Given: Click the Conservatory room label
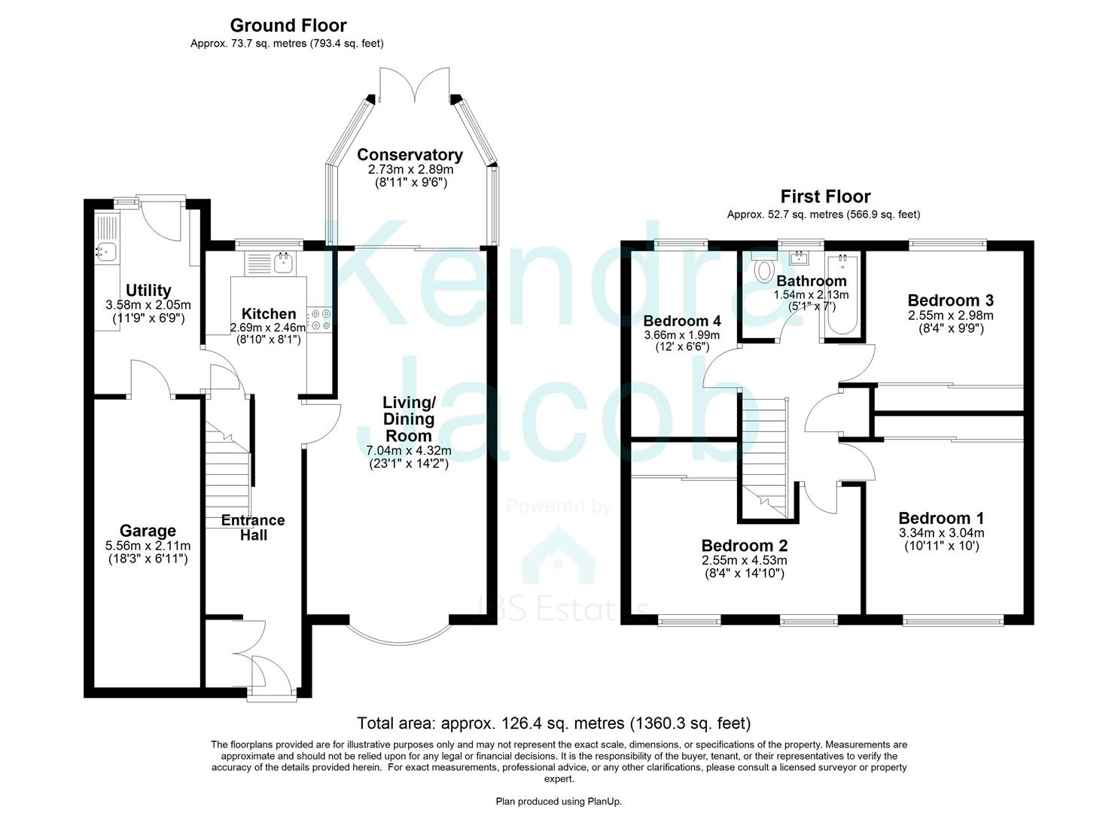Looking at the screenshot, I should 410,155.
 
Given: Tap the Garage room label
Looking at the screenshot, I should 148,531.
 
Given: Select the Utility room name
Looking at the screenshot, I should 148,291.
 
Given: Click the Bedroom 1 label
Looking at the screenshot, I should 940,518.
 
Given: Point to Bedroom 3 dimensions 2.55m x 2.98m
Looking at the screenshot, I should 950,315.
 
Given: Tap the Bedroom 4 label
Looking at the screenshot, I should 681,321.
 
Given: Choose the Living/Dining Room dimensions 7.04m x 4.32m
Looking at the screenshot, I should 409,451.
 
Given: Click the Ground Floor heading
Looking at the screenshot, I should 288,26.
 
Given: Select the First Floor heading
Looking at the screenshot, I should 824,196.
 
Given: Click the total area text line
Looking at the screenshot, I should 553,723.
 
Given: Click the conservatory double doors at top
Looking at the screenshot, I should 414,85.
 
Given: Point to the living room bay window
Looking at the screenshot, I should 399,634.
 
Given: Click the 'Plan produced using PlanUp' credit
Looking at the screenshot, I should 559,801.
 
